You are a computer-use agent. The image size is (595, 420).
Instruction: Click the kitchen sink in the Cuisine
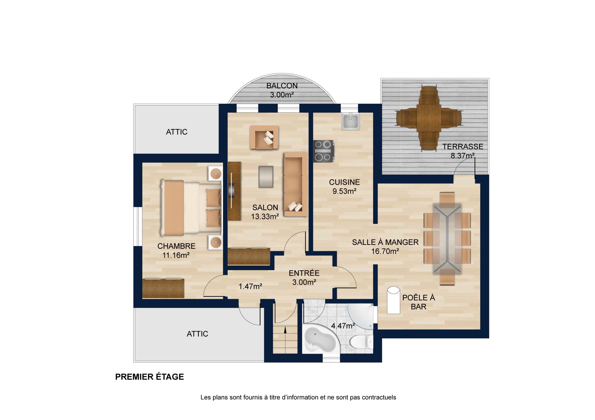click(x=351, y=121)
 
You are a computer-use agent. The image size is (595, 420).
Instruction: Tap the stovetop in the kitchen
click(x=323, y=151)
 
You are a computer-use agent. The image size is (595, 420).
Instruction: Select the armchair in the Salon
click(x=264, y=137)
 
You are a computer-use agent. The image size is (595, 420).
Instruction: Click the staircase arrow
click(x=285, y=330)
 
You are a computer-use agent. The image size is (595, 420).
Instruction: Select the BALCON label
click(x=282, y=86)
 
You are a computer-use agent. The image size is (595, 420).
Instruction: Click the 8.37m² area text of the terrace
click(x=463, y=156)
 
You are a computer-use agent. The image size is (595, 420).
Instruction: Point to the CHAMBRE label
click(x=176, y=246)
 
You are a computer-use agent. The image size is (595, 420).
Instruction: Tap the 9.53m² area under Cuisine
click(x=344, y=191)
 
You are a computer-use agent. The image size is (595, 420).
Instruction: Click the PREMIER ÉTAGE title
click(x=150, y=377)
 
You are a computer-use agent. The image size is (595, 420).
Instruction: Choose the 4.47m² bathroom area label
click(x=343, y=326)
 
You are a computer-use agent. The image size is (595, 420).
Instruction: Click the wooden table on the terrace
click(x=429, y=118)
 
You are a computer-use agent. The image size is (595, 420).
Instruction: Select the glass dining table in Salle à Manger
click(x=447, y=239)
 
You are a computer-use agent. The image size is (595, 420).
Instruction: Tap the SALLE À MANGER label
click(x=385, y=242)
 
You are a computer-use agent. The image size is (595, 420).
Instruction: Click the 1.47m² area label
click(x=250, y=286)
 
